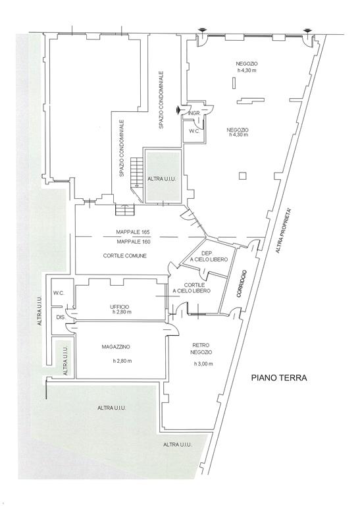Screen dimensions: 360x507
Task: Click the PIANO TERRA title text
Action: click(279, 378)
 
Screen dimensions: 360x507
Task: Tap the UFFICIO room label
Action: click(120, 307)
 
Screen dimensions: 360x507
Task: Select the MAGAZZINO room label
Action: click(116, 347)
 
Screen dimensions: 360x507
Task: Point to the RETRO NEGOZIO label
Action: click(201, 348)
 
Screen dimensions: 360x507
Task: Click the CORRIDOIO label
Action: click(243, 284)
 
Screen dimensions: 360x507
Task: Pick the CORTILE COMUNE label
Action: click(125, 255)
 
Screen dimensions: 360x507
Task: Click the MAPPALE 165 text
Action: click(132, 232)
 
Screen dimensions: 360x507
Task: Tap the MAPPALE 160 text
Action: click(133, 242)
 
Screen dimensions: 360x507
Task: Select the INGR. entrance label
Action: click(195, 113)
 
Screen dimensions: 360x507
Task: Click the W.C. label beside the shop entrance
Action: click(194, 132)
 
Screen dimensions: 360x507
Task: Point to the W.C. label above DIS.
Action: click(59, 293)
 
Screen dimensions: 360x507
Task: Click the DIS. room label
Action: click(61, 317)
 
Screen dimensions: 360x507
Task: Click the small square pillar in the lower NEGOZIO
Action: click(243, 176)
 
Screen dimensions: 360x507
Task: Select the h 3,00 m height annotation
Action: click(203, 363)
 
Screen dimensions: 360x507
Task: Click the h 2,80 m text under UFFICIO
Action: click(122, 312)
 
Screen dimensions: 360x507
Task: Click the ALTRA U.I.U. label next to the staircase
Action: click(163, 178)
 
